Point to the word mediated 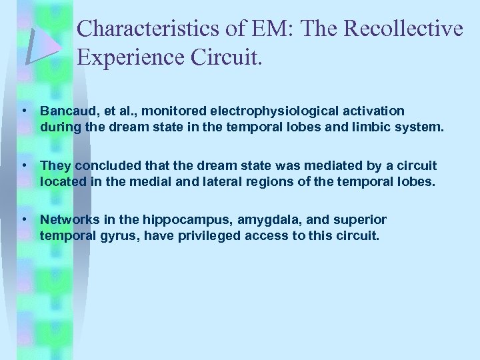pos(305,165)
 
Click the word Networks pos(68,220)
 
